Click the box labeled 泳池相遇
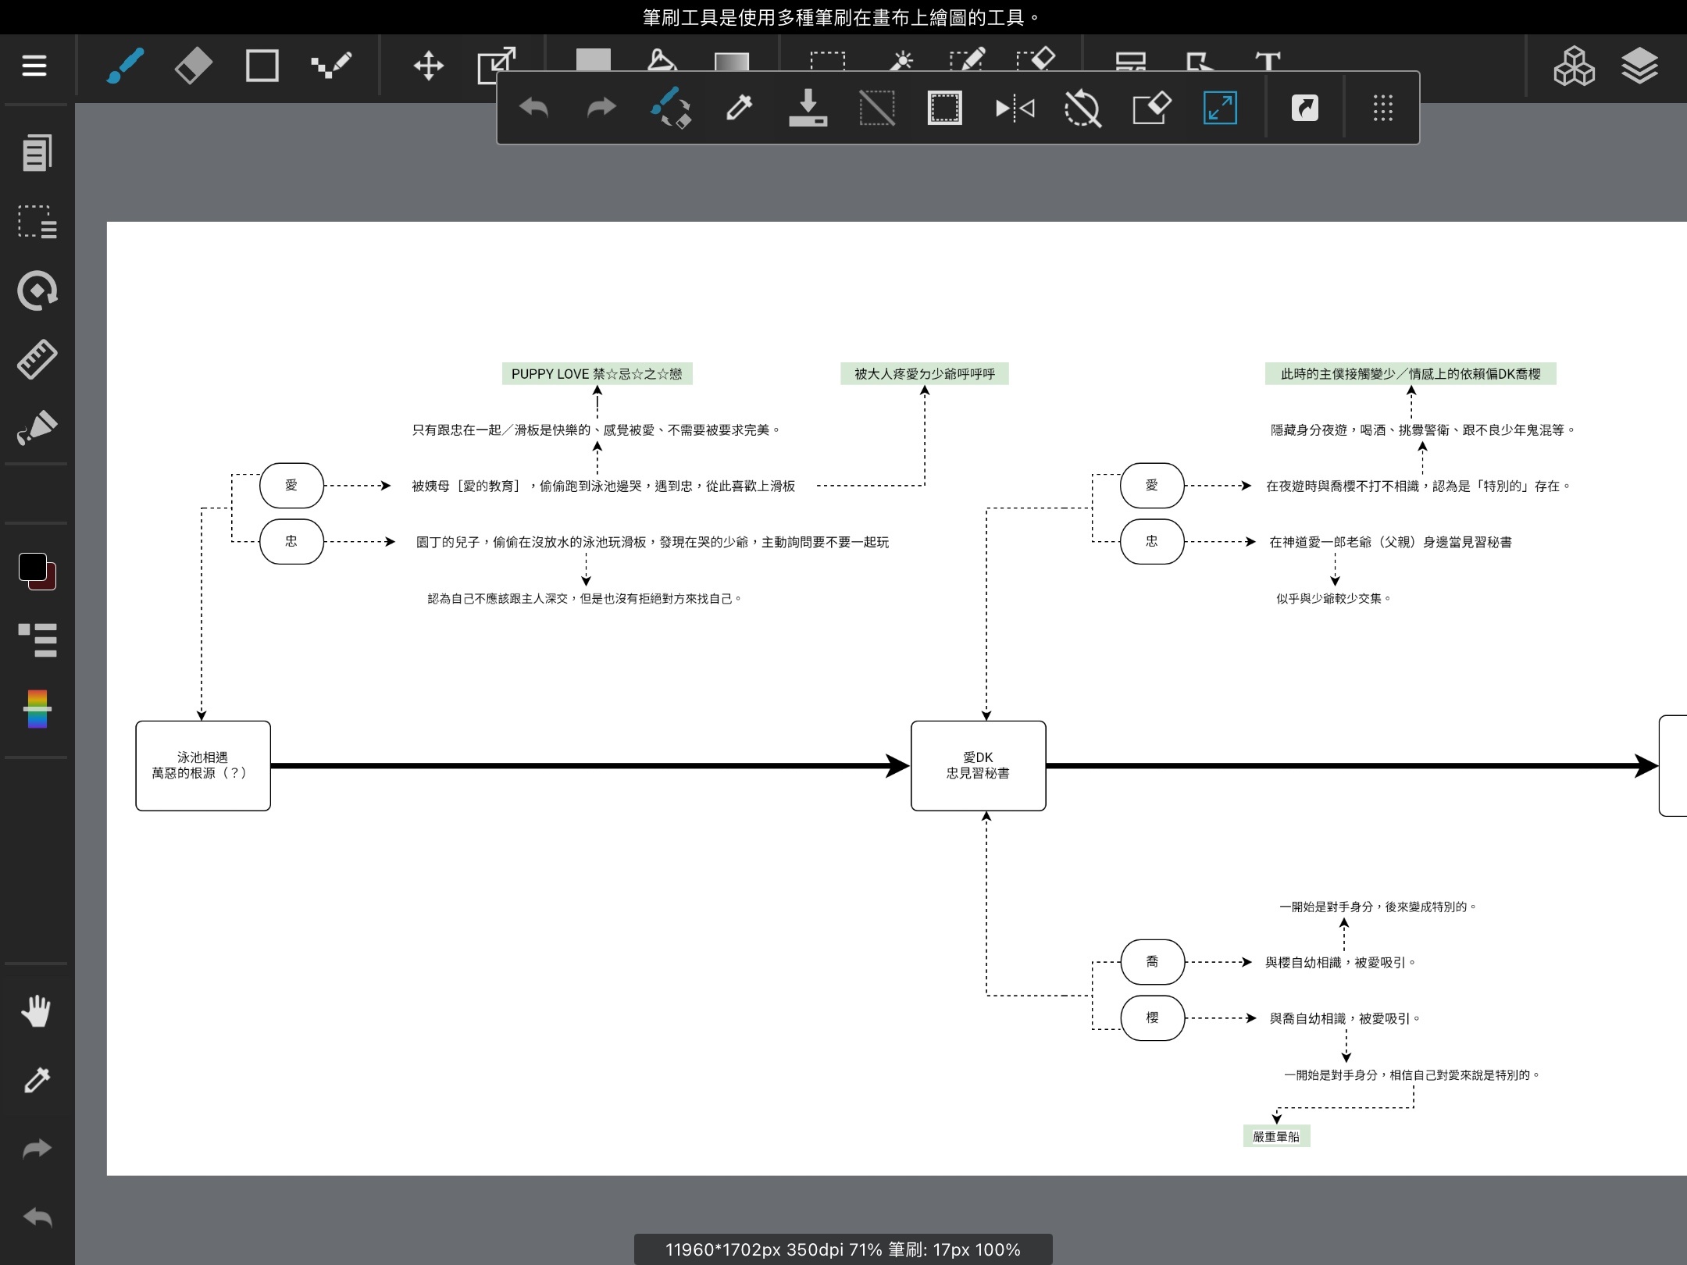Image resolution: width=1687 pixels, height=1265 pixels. point(203,765)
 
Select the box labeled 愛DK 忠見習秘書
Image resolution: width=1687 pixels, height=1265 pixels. point(978,765)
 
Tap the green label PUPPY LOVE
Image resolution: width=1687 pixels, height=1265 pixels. point(597,374)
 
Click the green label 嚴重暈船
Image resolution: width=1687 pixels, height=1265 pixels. point(1276,1136)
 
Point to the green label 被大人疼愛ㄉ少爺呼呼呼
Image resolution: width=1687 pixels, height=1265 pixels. point(925,374)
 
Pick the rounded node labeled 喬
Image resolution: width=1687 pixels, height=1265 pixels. point(1152,962)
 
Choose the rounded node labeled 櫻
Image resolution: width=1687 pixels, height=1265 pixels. point(1152,1017)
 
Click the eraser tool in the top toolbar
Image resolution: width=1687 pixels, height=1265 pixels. point(193,66)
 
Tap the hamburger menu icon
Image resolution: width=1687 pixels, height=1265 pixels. point(34,66)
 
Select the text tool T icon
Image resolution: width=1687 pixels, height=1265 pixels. point(1268,61)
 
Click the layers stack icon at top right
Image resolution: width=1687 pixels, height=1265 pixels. point(1639,66)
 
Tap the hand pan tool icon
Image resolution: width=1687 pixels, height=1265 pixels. point(36,1011)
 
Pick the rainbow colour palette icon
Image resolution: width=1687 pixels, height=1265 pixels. point(37,708)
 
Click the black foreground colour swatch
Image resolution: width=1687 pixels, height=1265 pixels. point(32,567)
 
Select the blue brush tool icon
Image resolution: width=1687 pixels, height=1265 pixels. point(125,66)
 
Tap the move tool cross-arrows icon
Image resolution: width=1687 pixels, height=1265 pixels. point(428,66)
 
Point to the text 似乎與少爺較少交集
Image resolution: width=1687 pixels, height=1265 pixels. point(1334,599)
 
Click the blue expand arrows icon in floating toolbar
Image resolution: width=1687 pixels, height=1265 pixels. point(1220,108)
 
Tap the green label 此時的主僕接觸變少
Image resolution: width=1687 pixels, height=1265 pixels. point(1411,374)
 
